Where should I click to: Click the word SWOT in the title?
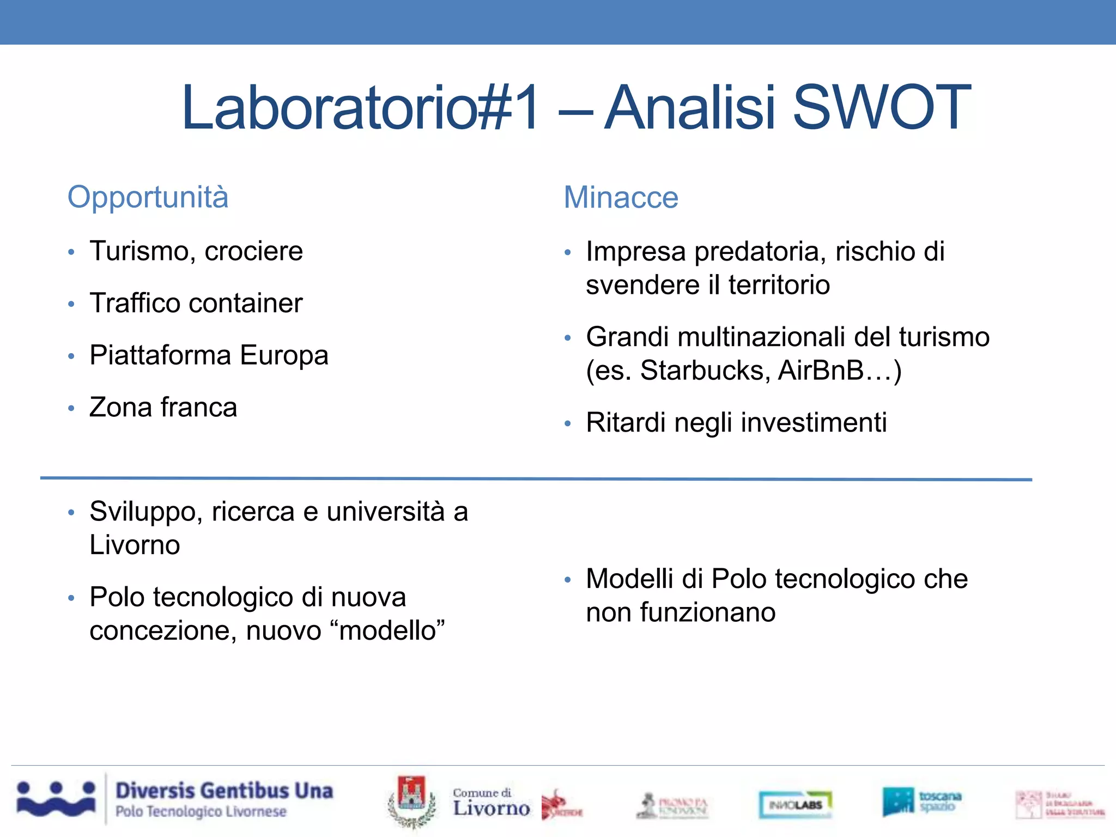pos(881,108)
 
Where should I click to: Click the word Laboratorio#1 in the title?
pos(360,108)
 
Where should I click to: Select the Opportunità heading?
pos(148,197)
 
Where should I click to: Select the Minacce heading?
pos(621,197)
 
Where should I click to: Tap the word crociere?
pos(253,251)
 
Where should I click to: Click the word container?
pos(245,303)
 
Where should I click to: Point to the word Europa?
pos(284,355)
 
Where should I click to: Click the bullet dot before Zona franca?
pos(71,408)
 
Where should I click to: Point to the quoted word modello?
pos(388,631)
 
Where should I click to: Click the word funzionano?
pos(707,612)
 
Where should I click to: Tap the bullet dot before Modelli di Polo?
pos(567,580)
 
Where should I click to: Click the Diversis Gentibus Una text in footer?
pos(224,791)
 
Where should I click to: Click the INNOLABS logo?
pos(795,805)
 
